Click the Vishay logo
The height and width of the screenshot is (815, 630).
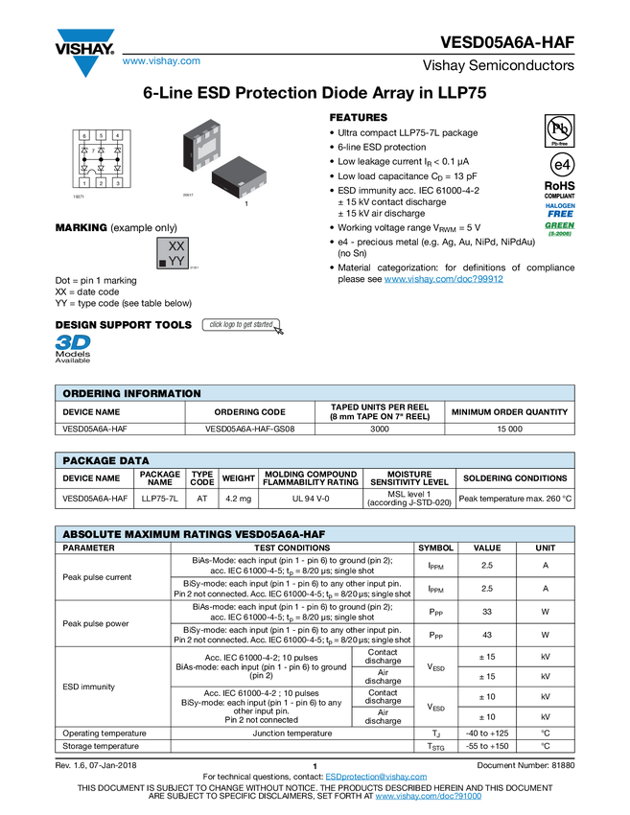(84, 52)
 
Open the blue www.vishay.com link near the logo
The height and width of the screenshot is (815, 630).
(161, 62)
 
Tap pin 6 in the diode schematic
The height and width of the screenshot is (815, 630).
(84, 136)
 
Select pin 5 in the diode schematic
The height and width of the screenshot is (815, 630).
(101, 136)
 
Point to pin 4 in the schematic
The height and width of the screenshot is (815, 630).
(117, 136)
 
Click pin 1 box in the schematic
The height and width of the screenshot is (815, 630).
(84, 182)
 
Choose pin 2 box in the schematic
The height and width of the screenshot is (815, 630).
(101, 182)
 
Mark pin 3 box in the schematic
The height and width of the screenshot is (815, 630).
(117, 182)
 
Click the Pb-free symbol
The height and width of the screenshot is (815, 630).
(559, 129)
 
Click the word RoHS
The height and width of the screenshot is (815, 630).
(559, 185)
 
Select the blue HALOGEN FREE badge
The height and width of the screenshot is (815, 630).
(560, 209)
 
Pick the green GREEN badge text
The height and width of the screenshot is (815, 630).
(560, 226)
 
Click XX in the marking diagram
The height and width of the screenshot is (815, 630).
(176, 246)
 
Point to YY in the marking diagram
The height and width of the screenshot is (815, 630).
(176, 261)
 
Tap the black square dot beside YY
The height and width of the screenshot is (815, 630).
(162, 262)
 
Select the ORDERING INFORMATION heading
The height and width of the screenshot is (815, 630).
(131, 394)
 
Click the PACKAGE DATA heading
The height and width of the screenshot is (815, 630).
(105, 461)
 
